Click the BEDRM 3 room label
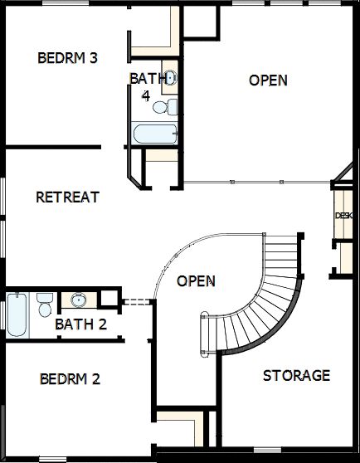tap(68, 58)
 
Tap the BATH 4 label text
tap(141, 86)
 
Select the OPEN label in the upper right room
tap(269, 80)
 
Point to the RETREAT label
tap(68, 197)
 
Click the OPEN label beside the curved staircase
tap(197, 281)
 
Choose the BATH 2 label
tap(80, 324)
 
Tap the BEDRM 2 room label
tap(70, 380)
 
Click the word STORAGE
tap(296, 376)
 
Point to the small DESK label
tap(343, 216)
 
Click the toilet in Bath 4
tap(172, 105)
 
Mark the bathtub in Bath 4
tap(154, 134)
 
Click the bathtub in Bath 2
tap(17, 316)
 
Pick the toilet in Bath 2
tap(44, 303)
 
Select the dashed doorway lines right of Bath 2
tap(135, 301)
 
